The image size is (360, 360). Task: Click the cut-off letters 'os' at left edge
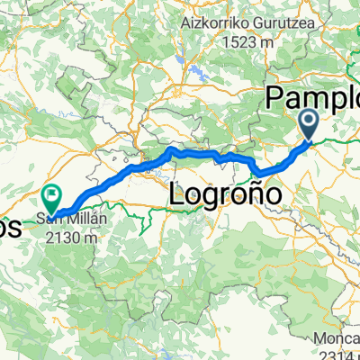tap(9, 226)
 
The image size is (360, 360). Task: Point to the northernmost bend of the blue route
tap(171, 148)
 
